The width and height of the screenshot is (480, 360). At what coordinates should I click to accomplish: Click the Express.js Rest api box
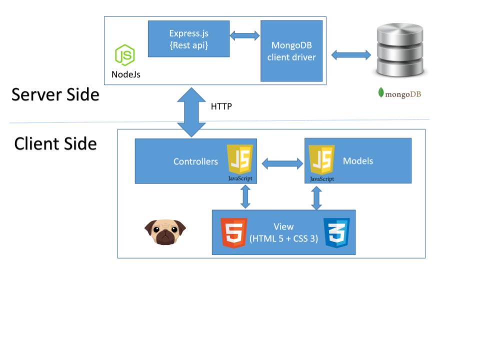click(188, 39)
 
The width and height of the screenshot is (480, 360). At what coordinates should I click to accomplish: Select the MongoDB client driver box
click(291, 51)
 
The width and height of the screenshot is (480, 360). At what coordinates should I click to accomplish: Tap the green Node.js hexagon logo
click(125, 55)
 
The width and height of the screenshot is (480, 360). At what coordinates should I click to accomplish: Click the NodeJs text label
click(126, 74)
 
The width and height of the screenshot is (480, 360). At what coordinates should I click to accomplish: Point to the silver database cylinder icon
click(400, 50)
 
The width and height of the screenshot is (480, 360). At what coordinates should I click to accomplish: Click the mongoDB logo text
click(400, 93)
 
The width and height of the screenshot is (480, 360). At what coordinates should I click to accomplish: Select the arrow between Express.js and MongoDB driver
click(244, 35)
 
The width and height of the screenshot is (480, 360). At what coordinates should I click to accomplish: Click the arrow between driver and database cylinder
click(351, 55)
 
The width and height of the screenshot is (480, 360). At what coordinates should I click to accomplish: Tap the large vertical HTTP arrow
click(191, 112)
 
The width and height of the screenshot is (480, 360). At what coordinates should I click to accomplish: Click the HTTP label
click(221, 106)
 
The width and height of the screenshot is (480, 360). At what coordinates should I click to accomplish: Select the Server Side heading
click(55, 94)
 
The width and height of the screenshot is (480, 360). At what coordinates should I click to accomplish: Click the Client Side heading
click(55, 143)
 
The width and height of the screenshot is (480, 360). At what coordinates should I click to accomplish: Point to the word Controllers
click(195, 161)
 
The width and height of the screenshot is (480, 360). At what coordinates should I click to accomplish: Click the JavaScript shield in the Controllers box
click(240, 159)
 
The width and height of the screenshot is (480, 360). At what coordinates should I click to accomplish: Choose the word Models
click(358, 161)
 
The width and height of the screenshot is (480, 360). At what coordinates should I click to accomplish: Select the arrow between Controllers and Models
click(282, 163)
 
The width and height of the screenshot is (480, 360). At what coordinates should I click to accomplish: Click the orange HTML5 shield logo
click(233, 232)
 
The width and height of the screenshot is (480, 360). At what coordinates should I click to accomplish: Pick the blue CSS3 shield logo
click(336, 232)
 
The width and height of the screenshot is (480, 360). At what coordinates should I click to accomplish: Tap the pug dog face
click(165, 232)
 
